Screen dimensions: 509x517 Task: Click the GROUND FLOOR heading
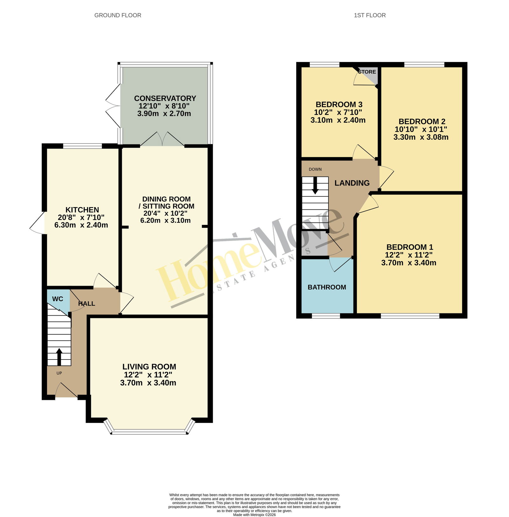tap(118, 15)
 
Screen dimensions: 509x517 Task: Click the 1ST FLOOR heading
tap(370, 15)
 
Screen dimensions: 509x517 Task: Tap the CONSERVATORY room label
tap(165, 98)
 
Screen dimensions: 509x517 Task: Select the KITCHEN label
tap(82, 210)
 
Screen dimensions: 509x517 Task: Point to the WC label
tap(58, 299)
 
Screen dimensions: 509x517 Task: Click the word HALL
tap(87, 304)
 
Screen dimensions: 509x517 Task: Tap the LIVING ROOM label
tap(149, 367)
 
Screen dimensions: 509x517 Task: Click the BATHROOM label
tap(327, 287)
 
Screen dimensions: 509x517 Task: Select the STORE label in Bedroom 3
tap(367, 72)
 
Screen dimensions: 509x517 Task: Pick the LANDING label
tap(352, 183)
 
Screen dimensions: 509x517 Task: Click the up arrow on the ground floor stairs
tap(59, 357)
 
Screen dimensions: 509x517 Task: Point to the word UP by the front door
tap(59, 373)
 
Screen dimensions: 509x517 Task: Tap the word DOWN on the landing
tap(315, 169)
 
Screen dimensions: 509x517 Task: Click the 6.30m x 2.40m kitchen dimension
tap(81, 225)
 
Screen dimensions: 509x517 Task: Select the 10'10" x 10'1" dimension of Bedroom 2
tap(421, 129)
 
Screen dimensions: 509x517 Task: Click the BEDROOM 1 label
tap(410, 247)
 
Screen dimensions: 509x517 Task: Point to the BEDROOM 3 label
tap(339, 105)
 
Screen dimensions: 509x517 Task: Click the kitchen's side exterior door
tap(38, 223)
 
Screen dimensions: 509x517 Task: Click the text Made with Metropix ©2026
tap(254, 515)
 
